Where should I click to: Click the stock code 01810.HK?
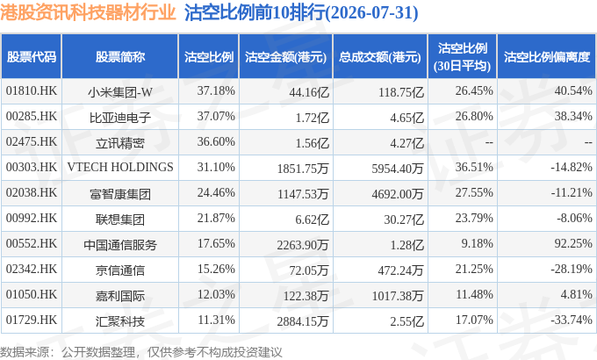(x=32, y=90)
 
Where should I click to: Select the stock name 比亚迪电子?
(x=120, y=118)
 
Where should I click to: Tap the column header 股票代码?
(x=32, y=57)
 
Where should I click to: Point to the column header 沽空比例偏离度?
(x=547, y=57)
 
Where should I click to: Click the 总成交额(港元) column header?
(x=380, y=57)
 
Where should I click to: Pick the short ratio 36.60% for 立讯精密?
(x=216, y=141)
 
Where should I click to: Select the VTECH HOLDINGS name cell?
(x=120, y=167)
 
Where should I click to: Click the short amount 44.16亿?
(x=309, y=92)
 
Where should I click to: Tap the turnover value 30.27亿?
(x=404, y=219)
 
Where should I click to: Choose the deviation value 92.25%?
(x=573, y=243)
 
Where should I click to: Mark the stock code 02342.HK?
(x=32, y=269)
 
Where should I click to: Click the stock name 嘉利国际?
(x=120, y=296)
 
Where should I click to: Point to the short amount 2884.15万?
(x=303, y=321)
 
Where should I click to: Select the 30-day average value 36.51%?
(x=474, y=167)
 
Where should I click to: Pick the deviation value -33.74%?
(x=572, y=320)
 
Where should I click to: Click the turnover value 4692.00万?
(x=398, y=194)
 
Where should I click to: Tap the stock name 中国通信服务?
(x=120, y=245)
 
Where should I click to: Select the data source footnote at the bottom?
(x=140, y=352)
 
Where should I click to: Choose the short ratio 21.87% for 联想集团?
(x=216, y=218)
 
